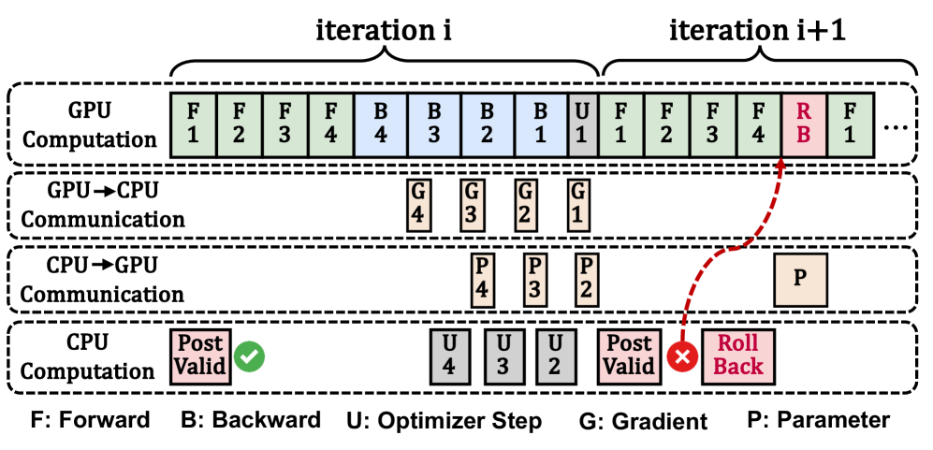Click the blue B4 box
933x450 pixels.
(x=381, y=124)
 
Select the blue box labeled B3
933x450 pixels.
(x=433, y=124)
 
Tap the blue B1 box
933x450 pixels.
(x=540, y=124)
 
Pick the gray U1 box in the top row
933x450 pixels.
(x=582, y=124)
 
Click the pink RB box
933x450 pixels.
(x=804, y=124)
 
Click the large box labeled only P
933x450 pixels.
(x=800, y=279)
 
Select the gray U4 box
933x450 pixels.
(x=449, y=356)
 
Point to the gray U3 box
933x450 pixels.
(x=503, y=356)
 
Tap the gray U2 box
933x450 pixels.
(x=555, y=356)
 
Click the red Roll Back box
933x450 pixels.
(x=738, y=356)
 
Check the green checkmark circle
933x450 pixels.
(x=250, y=356)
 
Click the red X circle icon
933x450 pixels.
(x=682, y=356)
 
